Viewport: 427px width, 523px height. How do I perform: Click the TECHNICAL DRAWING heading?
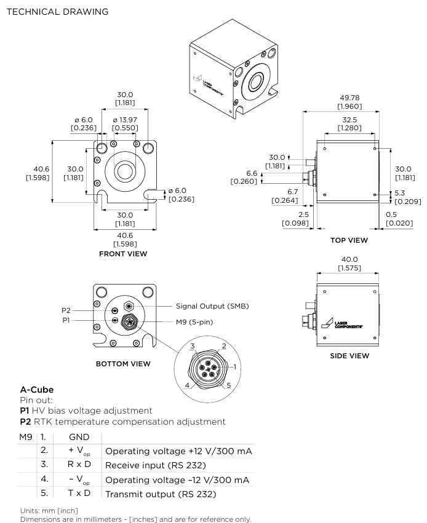click(x=57, y=12)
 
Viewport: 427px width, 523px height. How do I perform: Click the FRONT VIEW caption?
click(x=123, y=253)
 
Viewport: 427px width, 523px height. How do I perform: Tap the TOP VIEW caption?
click(x=349, y=240)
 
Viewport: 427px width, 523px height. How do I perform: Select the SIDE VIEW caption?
click(x=349, y=355)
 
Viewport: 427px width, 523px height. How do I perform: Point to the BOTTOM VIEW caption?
click(x=123, y=364)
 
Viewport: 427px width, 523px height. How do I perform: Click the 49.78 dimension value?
click(x=349, y=99)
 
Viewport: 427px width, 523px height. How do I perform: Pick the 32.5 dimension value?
click(x=349, y=120)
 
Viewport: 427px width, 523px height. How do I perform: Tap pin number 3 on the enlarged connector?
click(x=193, y=347)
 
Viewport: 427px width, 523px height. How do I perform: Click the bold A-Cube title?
click(x=38, y=390)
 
